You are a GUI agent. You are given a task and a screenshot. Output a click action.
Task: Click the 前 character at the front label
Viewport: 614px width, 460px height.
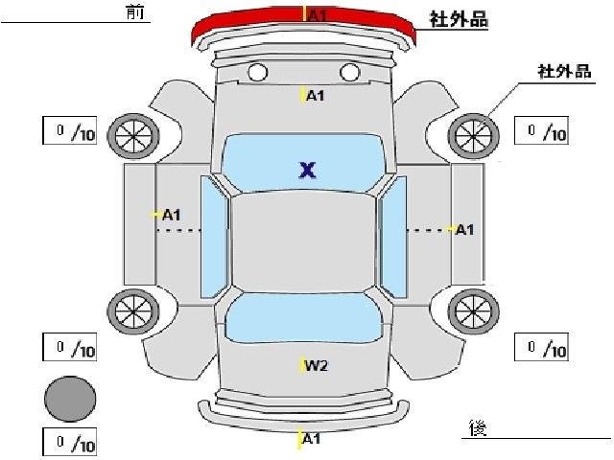[x=135, y=12]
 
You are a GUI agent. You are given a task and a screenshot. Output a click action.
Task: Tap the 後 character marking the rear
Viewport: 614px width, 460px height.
[x=478, y=428]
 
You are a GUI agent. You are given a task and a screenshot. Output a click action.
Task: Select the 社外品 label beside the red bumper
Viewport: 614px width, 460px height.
[x=459, y=19]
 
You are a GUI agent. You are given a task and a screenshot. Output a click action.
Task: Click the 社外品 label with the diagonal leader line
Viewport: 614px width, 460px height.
[x=564, y=72]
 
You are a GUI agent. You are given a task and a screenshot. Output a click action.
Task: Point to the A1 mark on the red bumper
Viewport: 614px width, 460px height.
[x=318, y=15]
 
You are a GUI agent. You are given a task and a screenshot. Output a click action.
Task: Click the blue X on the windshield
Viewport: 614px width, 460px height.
[x=307, y=171]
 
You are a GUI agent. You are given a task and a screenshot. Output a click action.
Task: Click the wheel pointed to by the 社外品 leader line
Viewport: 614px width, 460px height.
[x=473, y=136]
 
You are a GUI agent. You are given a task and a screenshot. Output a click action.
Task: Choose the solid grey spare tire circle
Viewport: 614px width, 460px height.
[x=70, y=399]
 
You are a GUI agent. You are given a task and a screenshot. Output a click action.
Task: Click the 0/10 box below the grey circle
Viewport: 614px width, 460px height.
[x=70, y=442]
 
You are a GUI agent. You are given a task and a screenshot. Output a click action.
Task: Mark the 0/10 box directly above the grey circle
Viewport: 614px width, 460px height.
[x=70, y=347]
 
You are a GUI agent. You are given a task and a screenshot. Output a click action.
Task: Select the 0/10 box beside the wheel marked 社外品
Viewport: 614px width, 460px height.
[x=541, y=130]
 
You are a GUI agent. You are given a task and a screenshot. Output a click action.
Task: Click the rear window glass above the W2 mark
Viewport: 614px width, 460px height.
[x=303, y=318]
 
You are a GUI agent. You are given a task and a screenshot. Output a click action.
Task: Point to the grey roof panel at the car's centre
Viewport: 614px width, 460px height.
[x=303, y=241]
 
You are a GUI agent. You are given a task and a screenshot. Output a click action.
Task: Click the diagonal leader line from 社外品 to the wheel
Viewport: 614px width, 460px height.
[x=500, y=103]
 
